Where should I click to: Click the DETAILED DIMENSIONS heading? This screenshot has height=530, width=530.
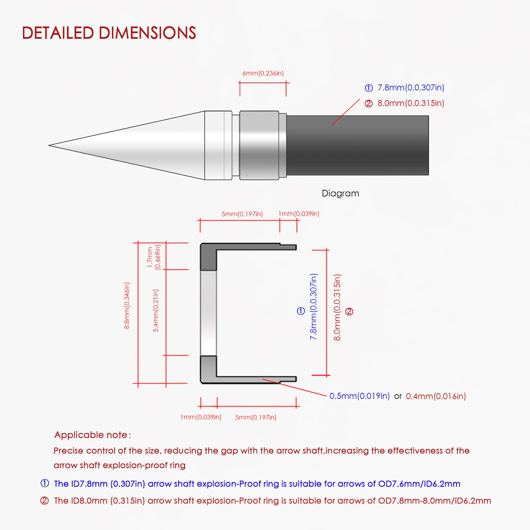click(109, 33)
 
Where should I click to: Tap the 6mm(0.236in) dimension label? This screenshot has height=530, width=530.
click(263, 73)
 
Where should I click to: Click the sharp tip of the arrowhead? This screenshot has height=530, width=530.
click(49, 145)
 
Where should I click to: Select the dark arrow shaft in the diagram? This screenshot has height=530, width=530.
click(357, 145)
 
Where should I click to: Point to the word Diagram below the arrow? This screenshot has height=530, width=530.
click(340, 193)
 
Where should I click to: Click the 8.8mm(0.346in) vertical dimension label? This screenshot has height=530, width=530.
click(127, 305)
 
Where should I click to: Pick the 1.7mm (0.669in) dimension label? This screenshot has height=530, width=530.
click(154, 257)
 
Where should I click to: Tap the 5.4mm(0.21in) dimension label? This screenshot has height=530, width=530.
click(156, 310)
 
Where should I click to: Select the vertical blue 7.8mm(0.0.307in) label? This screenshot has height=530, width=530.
click(313, 306)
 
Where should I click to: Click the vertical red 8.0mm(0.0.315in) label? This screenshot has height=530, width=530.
click(337, 307)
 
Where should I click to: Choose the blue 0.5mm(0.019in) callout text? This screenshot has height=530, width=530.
click(359, 396)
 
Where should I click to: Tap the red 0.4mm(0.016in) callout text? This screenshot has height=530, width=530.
click(436, 396)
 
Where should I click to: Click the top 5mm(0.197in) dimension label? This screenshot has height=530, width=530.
click(242, 214)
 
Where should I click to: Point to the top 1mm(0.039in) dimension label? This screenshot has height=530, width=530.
click(299, 214)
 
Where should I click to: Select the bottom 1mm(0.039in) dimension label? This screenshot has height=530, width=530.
click(201, 417)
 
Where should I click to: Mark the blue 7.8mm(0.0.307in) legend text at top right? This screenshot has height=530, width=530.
click(411, 87)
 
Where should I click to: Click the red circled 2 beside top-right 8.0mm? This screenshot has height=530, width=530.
click(369, 104)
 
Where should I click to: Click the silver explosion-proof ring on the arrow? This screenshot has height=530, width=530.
click(259, 145)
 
